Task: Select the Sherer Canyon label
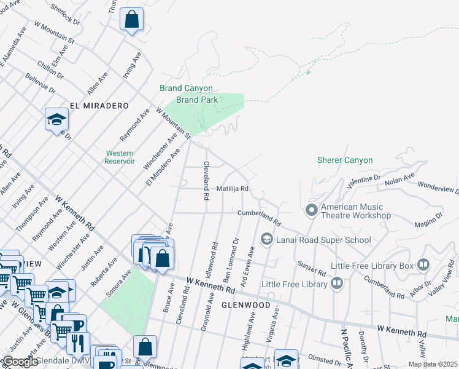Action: click(344, 160)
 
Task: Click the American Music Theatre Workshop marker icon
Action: click(311, 211)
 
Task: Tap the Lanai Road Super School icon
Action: click(266, 239)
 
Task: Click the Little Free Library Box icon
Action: click(423, 266)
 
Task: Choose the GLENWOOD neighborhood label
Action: click(245, 305)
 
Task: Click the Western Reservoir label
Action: click(120, 157)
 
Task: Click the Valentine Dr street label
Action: click(363, 181)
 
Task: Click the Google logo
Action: click(20, 362)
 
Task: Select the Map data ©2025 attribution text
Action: click(433, 364)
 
